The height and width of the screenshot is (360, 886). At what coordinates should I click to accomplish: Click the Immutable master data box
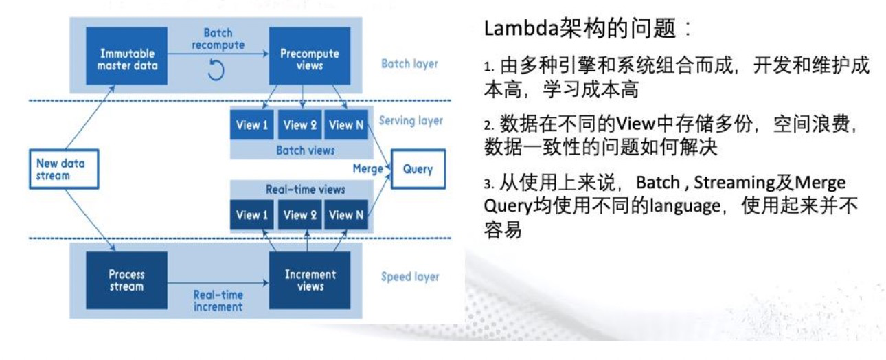click(x=127, y=59)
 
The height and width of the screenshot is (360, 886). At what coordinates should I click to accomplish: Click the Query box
click(x=418, y=169)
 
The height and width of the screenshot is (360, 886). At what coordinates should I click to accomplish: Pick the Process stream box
click(x=127, y=280)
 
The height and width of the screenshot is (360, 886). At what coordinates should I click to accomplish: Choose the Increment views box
click(x=310, y=280)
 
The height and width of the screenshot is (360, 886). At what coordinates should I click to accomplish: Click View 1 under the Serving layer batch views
click(x=252, y=125)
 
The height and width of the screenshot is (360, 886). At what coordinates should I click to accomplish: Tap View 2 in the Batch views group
click(x=299, y=125)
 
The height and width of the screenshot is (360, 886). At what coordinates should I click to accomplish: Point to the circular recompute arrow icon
click(x=216, y=70)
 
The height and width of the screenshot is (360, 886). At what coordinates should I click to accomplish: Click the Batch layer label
click(x=409, y=65)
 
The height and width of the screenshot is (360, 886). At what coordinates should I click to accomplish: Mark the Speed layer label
click(x=410, y=278)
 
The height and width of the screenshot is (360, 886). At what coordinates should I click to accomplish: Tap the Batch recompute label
click(x=219, y=39)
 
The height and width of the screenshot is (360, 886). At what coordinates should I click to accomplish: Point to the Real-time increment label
click(x=218, y=300)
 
